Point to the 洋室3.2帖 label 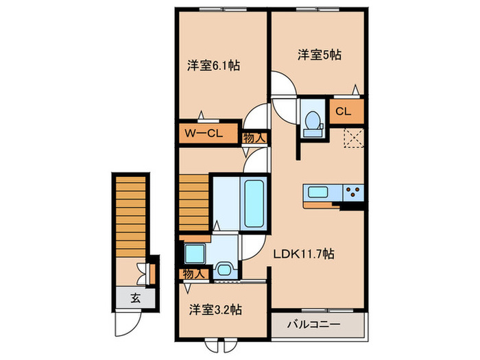point(215,309)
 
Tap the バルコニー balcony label point(315,324)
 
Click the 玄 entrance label point(135,298)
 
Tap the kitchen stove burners point(352,193)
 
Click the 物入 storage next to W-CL point(255,137)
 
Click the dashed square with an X point(353,139)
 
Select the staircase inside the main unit point(194,203)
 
